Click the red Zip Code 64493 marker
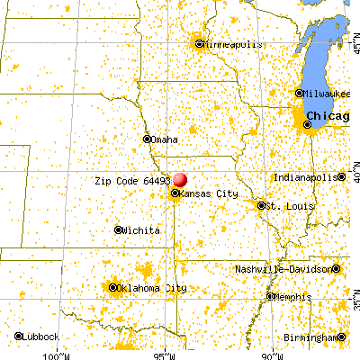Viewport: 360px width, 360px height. [x=180, y=181]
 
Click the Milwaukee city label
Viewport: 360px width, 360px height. [x=327, y=93]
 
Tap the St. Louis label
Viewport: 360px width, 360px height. [x=286, y=206]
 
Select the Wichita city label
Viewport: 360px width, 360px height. [x=140, y=230]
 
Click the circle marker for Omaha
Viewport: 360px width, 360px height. [x=148, y=139]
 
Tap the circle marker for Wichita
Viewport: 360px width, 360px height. [x=118, y=230]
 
